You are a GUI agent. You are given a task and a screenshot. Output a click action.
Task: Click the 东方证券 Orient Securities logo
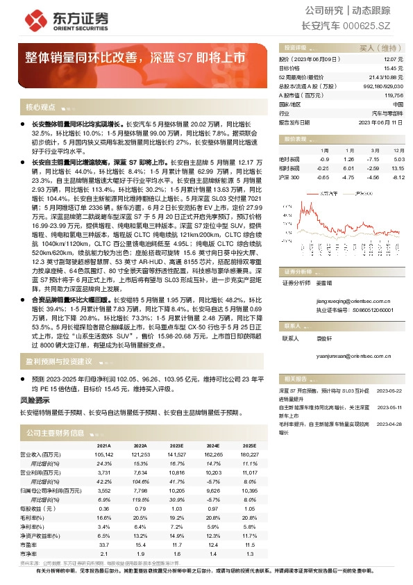49,19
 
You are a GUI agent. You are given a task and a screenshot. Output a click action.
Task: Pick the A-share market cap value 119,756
393,95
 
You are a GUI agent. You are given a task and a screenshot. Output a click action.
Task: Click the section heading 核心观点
40,108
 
